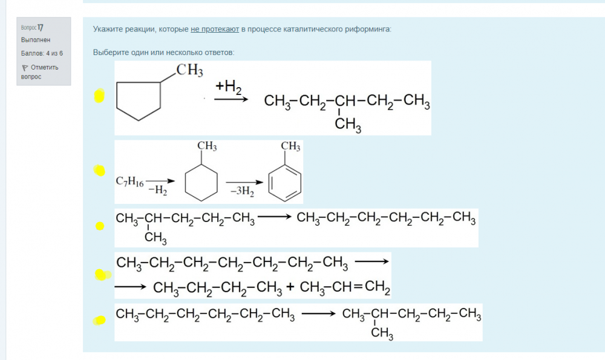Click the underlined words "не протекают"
coord(215,29)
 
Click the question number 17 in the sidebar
coord(41,27)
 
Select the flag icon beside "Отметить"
coord(25,68)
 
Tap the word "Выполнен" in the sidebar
coord(36,40)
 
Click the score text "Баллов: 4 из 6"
coord(42,53)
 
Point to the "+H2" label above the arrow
coord(229,87)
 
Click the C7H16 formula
coord(129,182)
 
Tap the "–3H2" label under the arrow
coord(243,191)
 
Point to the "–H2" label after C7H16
coord(157,190)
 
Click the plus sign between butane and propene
coord(290,287)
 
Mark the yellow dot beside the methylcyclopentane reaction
coord(99,96)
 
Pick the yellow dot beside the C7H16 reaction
coord(99,170)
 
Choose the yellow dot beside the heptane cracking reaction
coord(102,275)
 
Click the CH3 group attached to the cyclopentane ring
coord(189,70)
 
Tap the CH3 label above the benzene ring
coord(290,146)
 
